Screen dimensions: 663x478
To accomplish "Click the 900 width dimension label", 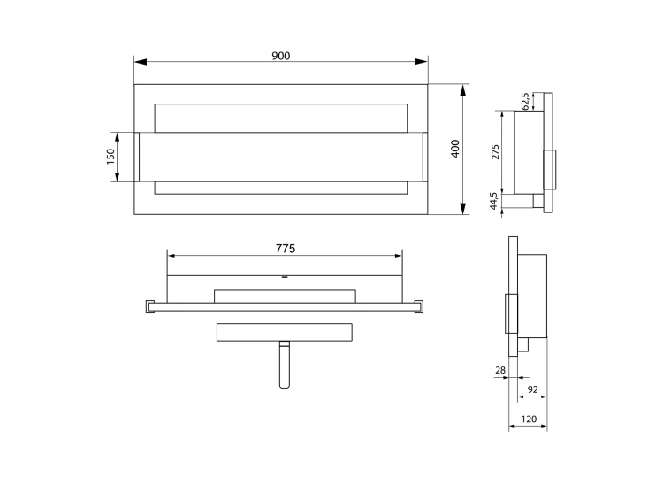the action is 281,56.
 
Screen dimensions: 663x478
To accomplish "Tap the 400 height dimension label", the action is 455,149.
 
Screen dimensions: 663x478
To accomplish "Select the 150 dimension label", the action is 110,157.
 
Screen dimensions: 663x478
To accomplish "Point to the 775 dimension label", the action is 286,249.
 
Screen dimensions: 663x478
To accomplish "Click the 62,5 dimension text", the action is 525,101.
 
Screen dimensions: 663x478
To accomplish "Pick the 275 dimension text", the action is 495,152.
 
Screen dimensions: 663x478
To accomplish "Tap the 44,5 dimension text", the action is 493,201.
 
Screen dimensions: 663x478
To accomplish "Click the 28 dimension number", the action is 500,370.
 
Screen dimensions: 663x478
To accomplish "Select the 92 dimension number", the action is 533,389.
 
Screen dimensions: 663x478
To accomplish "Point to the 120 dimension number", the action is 529,420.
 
